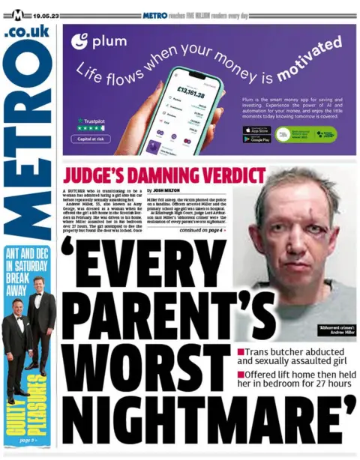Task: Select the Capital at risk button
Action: click(94, 139)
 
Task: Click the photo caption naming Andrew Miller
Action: click(337, 331)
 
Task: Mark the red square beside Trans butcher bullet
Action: click(241, 351)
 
